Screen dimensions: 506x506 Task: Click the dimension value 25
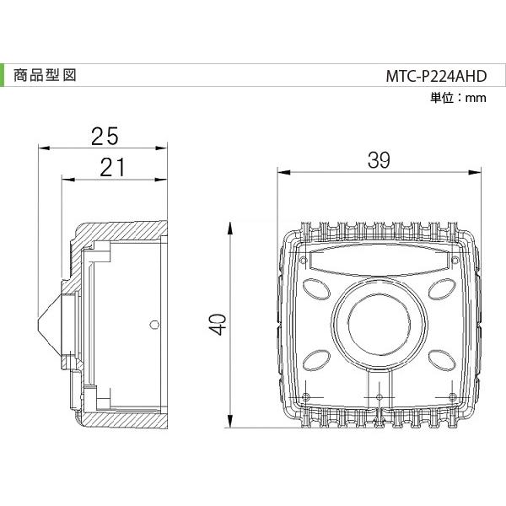(104, 135)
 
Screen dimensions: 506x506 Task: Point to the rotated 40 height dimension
(218, 325)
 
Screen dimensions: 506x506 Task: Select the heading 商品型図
(45, 74)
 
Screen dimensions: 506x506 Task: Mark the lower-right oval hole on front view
(441, 360)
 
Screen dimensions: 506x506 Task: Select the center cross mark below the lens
(379, 396)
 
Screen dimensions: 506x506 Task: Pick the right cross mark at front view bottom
(452, 396)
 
